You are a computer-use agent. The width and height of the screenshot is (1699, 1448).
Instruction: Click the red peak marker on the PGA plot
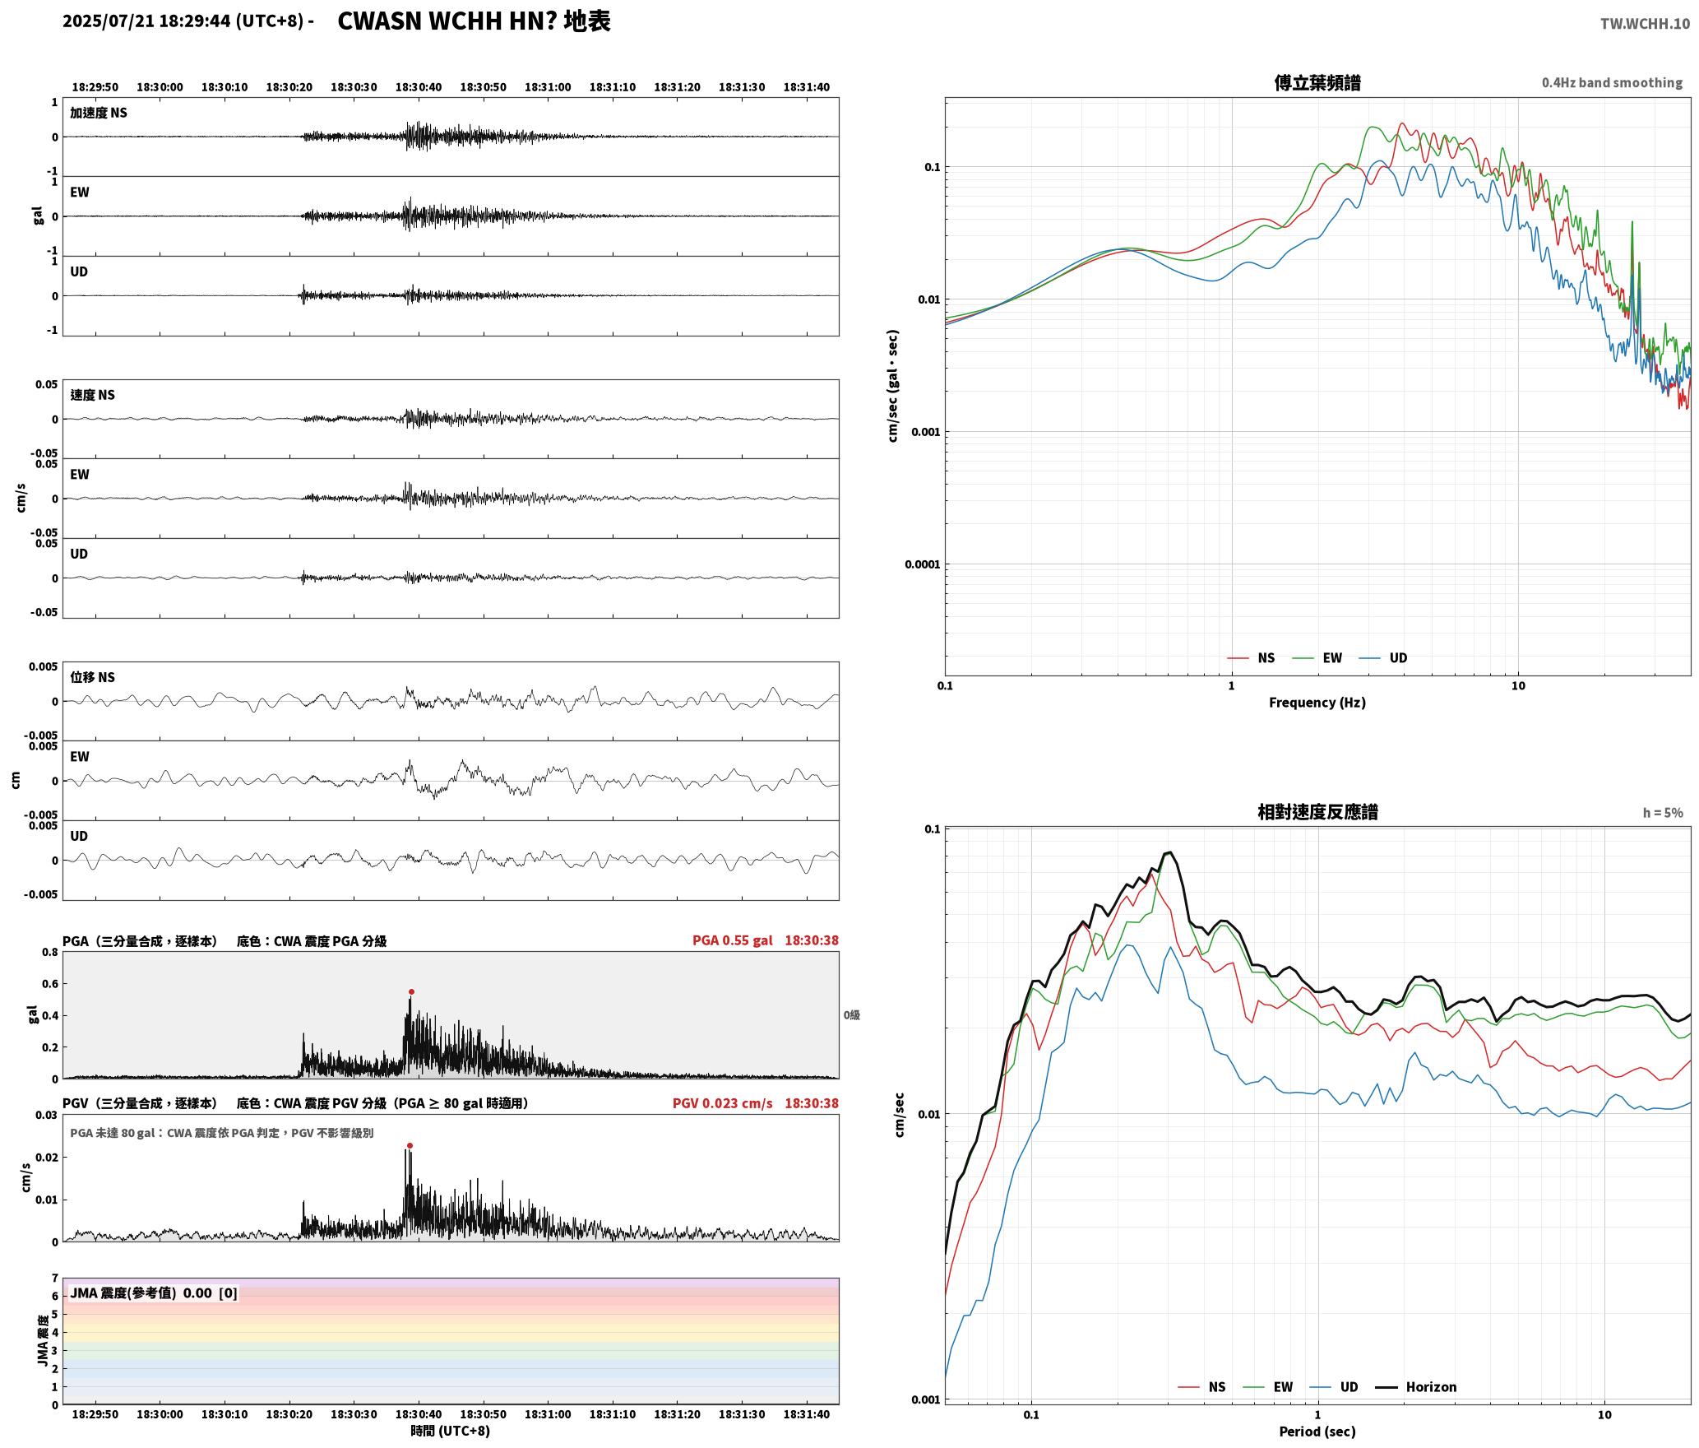click(x=411, y=992)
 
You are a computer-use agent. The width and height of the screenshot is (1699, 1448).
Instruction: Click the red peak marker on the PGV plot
click(x=410, y=1145)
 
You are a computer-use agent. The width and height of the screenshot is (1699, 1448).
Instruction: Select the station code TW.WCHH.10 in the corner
click(x=1645, y=24)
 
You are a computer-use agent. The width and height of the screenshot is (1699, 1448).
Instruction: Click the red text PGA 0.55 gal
click(x=732, y=940)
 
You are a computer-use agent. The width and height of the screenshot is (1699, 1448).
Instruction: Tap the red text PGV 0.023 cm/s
click(x=722, y=1103)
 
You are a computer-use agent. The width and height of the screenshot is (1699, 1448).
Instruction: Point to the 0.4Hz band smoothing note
click(x=1612, y=82)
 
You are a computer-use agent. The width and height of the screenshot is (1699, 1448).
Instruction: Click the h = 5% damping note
click(x=1663, y=813)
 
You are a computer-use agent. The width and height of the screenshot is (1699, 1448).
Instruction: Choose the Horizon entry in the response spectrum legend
click(x=1431, y=1387)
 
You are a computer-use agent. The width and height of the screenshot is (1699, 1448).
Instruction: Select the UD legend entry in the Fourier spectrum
click(x=1398, y=658)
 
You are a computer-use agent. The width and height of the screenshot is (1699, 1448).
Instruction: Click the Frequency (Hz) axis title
click(x=1317, y=703)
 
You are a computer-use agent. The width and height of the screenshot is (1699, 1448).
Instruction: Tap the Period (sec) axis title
click(x=1317, y=1432)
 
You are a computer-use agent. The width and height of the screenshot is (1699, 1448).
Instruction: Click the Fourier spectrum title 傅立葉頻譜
click(x=1317, y=82)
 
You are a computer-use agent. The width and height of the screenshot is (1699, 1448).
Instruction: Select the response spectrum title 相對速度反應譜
click(x=1317, y=812)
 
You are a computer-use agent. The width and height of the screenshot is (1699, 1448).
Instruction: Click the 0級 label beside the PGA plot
click(x=851, y=1015)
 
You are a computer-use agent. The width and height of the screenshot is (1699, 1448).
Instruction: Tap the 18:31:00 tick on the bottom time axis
click(x=548, y=1414)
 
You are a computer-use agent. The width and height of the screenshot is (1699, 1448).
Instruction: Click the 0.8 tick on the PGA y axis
click(x=50, y=953)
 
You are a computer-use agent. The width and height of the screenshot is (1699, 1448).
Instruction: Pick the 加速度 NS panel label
click(x=99, y=113)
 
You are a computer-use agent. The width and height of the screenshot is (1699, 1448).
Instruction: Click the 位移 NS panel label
click(x=92, y=677)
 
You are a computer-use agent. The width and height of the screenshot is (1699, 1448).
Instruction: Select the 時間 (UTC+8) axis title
click(x=451, y=1431)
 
